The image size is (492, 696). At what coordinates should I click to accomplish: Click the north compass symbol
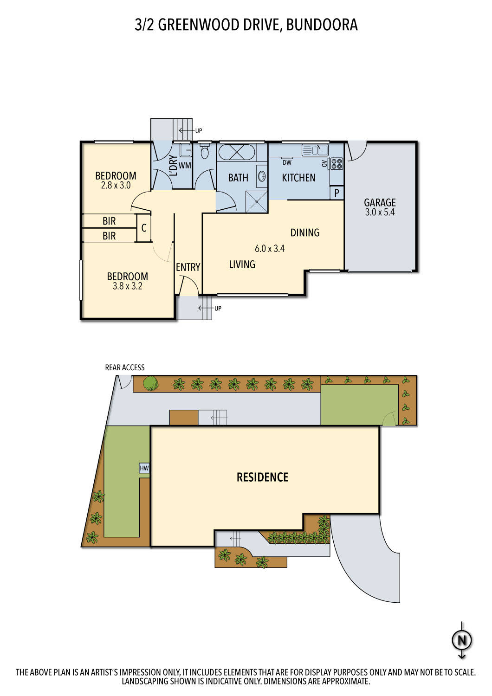[x=462, y=640]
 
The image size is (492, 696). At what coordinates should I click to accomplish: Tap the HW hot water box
[x=144, y=468]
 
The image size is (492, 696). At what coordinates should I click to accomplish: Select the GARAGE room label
[x=380, y=203]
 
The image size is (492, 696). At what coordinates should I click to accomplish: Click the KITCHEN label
[x=298, y=178]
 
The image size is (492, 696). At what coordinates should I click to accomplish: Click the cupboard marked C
[x=144, y=228]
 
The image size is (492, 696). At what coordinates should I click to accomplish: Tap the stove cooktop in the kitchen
[x=337, y=164]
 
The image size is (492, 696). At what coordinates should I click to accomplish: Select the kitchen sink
[x=315, y=150]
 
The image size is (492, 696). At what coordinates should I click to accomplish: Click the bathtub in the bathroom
[x=236, y=152]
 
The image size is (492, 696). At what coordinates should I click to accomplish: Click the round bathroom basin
[x=262, y=176]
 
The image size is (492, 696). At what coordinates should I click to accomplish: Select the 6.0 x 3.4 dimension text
[x=270, y=249]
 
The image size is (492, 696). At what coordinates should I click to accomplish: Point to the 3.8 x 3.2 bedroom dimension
[x=127, y=286]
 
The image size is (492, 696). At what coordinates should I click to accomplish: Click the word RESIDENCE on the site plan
[x=262, y=477]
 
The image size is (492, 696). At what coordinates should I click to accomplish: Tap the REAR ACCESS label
[x=125, y=367]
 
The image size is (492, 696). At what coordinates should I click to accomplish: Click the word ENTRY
[x=188, y=267]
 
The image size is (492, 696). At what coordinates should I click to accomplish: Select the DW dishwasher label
[x=287, y=162]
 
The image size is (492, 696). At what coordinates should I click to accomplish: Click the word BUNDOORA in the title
[x=322, y=25]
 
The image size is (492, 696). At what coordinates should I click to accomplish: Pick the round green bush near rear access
[x=150, y=384]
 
